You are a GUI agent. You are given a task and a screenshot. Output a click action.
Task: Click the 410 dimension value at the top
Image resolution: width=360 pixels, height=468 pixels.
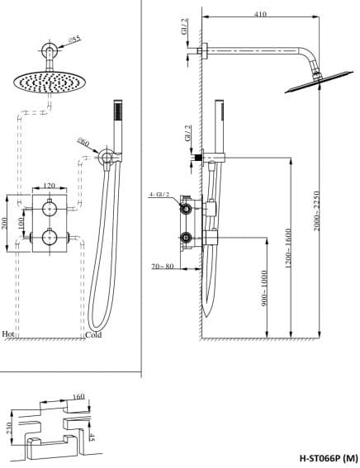[x=261, y=13]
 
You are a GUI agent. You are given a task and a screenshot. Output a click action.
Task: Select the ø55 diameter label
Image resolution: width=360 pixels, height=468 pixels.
[x=73, y=38]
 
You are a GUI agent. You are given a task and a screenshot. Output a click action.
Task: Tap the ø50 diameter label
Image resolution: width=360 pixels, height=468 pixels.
[x=83, y=142]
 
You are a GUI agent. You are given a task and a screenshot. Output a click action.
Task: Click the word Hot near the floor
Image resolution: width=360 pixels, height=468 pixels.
[x=9, y=334]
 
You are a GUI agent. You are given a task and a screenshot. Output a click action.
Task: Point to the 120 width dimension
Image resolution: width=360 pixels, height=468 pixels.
[x=49, y=186]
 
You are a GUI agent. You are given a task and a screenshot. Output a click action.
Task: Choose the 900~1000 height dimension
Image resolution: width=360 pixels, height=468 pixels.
[x=265, y=290]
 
